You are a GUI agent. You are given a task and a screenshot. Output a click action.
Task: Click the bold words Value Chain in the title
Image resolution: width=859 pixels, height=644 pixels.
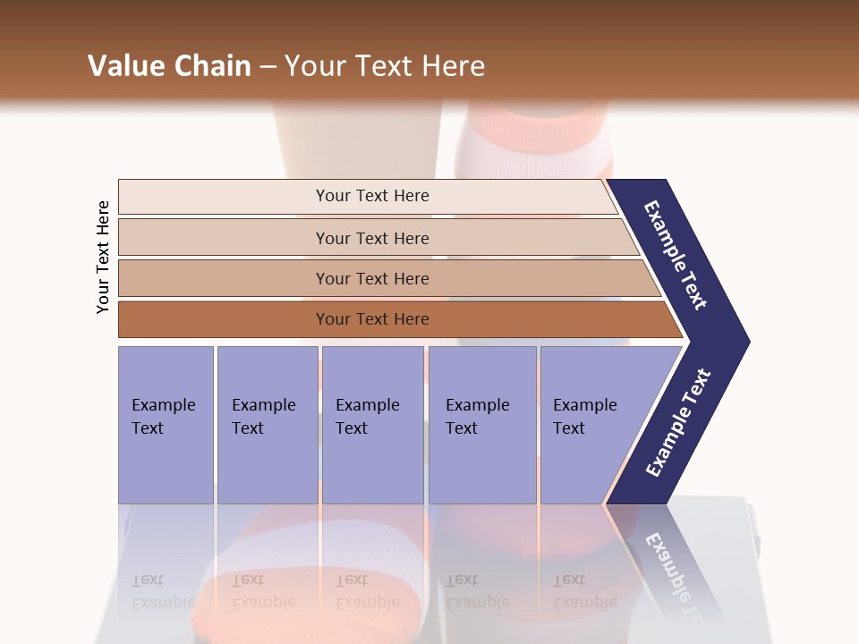tap(169, 66)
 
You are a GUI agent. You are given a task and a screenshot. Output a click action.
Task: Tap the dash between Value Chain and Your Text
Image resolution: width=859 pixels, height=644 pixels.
tap(268, 67)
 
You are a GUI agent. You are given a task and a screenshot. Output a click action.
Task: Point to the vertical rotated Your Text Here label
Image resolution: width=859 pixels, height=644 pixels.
tap(103, 258)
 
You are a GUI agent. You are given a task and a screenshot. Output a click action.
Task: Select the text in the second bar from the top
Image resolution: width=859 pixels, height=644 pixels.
tap(372, 238)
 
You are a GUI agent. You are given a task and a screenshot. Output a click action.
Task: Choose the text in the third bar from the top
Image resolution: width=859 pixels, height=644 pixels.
tap(372, 278)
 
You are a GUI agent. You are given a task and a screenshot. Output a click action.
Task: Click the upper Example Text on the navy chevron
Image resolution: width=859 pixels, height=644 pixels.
tap(676, 255)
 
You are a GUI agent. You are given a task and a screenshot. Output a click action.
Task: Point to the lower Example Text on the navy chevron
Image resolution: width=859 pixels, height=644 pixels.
tap(678, 422)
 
